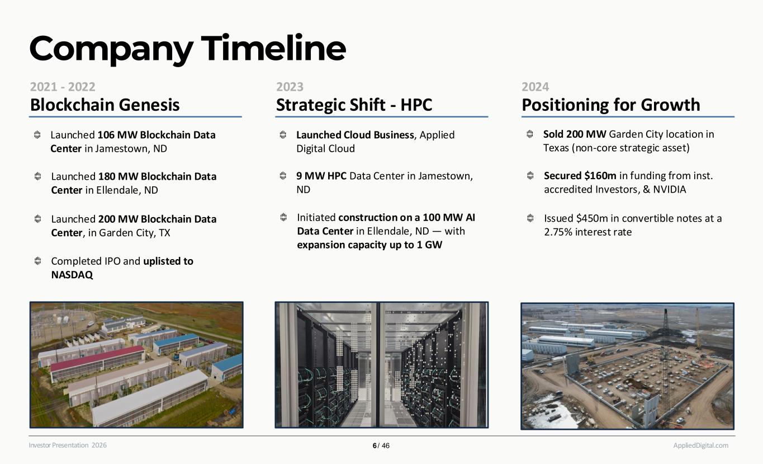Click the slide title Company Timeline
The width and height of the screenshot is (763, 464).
(188, 49)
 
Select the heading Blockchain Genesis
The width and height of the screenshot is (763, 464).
(105, 105)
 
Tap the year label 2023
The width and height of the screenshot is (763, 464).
(290, 87)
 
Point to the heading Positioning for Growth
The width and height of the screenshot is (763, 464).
(611, 105)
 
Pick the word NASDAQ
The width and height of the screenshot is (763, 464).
(72, 275)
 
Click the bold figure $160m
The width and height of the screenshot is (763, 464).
(600, 176)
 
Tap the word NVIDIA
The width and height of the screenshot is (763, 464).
(669, 189)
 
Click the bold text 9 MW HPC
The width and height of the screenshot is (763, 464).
(321, 176)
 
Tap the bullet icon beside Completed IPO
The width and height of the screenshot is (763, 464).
(38, 261)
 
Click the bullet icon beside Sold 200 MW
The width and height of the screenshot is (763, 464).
(530, 134)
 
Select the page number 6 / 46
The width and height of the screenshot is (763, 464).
(381, 446)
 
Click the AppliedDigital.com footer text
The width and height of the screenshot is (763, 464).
(700, 445)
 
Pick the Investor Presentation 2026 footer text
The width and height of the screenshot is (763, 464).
(68, 445)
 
